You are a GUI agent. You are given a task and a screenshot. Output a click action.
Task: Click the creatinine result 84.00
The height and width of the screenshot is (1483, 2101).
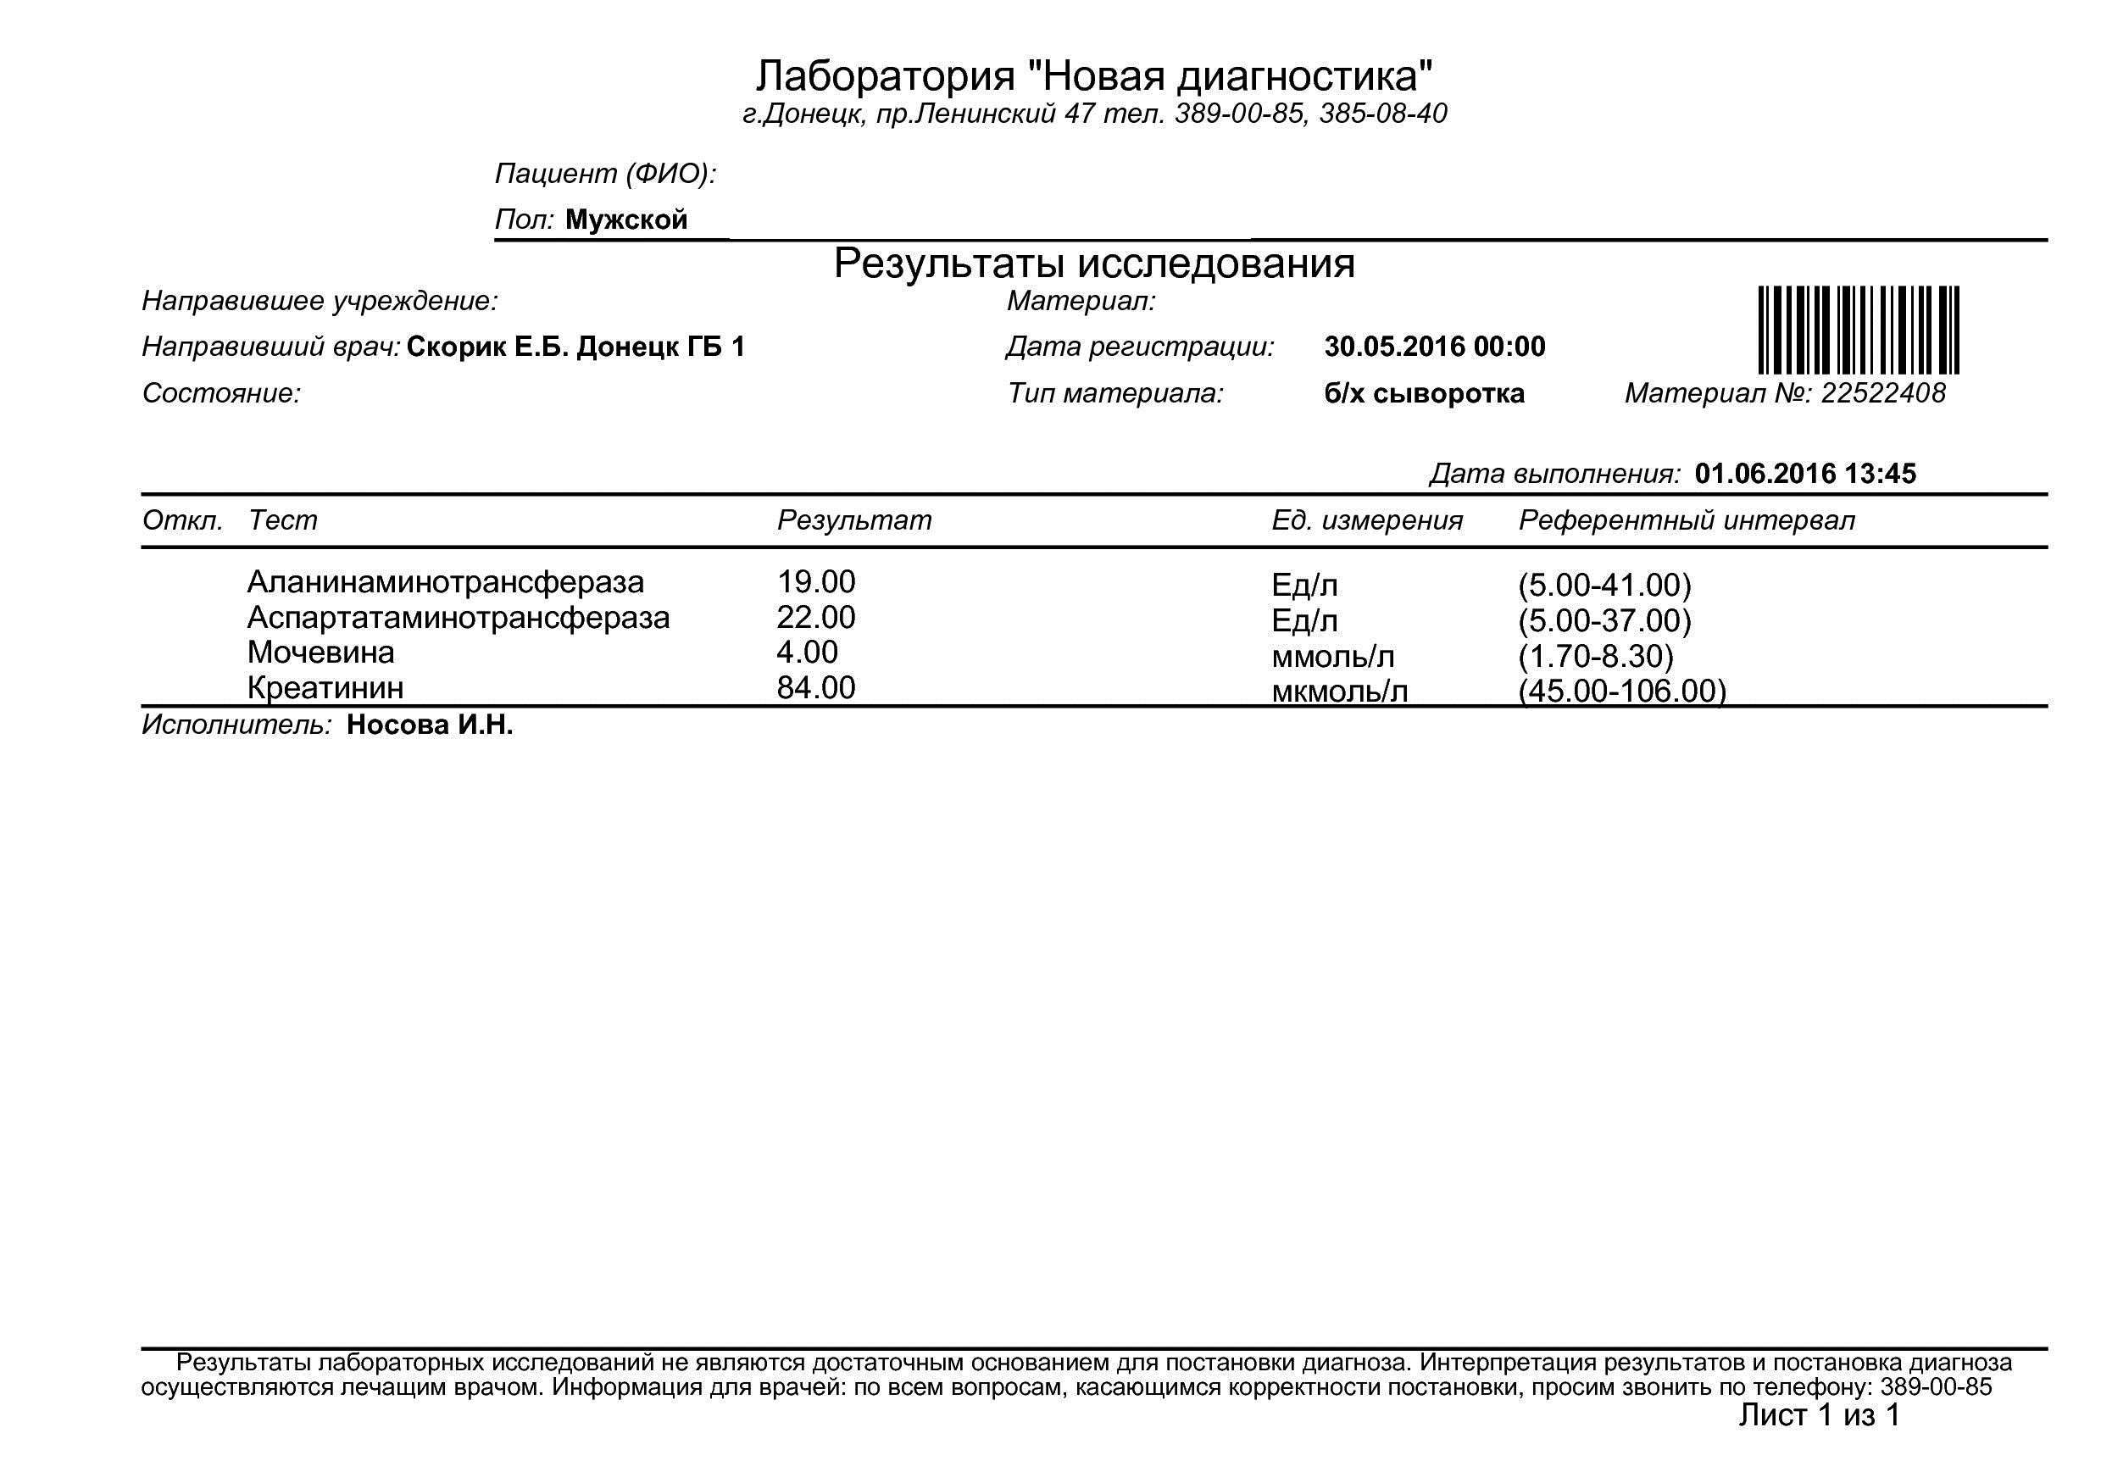point(815,687)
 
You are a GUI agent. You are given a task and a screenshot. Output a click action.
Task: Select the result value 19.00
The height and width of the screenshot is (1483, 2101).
point(815,582)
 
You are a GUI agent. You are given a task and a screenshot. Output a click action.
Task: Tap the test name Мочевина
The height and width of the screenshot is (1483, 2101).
point(320,653)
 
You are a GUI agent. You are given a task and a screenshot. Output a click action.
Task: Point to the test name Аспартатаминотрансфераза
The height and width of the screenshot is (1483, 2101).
point(458,618)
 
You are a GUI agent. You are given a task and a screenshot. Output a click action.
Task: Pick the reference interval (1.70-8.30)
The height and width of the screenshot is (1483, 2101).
point(1595,657)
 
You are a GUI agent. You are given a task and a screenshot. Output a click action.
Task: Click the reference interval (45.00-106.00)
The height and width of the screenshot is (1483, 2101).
point(1621,691)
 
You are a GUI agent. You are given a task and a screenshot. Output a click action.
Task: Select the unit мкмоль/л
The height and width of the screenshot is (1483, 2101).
point(1339,692)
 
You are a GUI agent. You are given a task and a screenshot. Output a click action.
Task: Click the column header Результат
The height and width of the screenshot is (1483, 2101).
point(853,519)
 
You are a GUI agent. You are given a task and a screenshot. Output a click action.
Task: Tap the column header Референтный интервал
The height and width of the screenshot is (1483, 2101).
point(1687,519)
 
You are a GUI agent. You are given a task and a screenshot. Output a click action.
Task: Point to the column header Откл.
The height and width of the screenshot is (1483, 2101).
point(182,519)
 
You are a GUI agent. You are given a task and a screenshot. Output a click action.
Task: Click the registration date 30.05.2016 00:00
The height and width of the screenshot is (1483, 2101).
point(1434,347)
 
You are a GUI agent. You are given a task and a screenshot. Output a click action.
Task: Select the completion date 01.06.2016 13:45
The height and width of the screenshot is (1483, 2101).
point(1804,473)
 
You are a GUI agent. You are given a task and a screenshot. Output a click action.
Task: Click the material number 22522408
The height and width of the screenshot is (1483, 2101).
point(1882,393)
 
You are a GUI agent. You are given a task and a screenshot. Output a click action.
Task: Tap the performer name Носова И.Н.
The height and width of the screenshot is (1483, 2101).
point(429,725)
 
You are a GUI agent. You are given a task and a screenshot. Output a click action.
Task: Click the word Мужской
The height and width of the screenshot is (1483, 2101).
point(626,219)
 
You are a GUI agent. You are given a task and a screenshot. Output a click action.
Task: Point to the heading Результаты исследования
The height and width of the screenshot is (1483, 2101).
point(1093,264)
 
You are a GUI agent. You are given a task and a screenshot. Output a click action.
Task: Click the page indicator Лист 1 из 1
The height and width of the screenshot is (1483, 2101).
point(1818,1415)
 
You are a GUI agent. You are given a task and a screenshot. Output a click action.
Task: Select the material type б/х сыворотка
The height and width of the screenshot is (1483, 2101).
point(1424,393)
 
